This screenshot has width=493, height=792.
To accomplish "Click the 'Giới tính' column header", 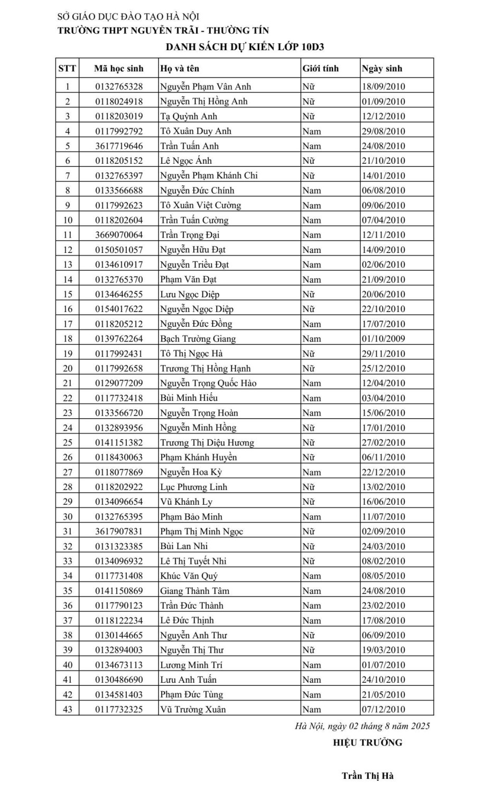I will (320, 69).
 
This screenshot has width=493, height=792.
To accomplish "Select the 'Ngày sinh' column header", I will (382, 69).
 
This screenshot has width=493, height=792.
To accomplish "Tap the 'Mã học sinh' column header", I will (119, 69).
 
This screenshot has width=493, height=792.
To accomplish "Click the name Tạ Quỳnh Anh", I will (189, 116).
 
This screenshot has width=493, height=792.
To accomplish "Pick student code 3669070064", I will (119, 235).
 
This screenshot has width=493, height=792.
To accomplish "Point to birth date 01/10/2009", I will (384, 339).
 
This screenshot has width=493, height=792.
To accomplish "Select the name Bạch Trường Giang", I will (198, 339).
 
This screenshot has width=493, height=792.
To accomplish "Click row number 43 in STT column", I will (67, 710).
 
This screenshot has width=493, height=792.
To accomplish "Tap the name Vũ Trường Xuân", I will (193, 710).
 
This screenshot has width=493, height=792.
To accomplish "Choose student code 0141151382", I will (119, 442).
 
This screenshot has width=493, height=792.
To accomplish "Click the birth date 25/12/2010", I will (384, 369).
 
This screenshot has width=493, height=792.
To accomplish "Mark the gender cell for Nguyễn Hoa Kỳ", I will (312, 473).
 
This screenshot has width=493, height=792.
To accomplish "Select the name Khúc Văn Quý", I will (189, 576).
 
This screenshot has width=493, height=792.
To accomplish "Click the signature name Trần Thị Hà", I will (368, 776).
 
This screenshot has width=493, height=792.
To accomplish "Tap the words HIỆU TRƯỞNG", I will (368, 743).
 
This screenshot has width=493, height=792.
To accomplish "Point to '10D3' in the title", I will (313, 47).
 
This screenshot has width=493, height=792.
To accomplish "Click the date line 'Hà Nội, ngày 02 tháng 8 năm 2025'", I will (362, 726).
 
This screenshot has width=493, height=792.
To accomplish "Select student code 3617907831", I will (119, 532).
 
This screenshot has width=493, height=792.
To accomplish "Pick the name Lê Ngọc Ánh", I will (186, 161).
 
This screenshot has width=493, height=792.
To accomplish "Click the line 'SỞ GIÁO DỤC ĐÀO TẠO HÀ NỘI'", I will (128, 17).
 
